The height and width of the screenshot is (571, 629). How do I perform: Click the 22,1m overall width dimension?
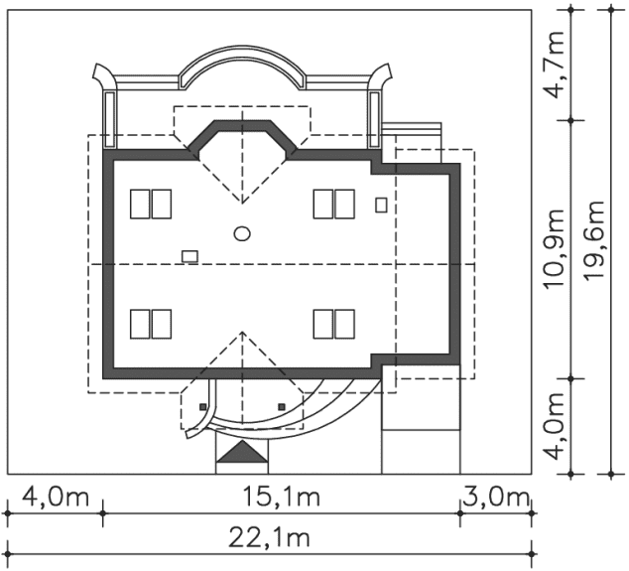point(269,538)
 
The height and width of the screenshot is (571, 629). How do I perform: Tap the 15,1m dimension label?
point(282,498)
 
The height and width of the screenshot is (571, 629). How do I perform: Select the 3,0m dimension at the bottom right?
point(496,498)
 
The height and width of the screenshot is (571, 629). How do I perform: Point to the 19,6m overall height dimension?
point(593,240)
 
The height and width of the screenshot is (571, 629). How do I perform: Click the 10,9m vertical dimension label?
point(554,248)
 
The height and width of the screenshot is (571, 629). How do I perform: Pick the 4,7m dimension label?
point(554,66)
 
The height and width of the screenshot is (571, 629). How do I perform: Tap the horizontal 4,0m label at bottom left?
point(56,498)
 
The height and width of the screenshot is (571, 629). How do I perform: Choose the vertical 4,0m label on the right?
point(554,426)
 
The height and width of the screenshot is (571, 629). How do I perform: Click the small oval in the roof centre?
point(242,233)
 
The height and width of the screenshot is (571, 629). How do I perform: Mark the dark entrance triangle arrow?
point(242,452)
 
